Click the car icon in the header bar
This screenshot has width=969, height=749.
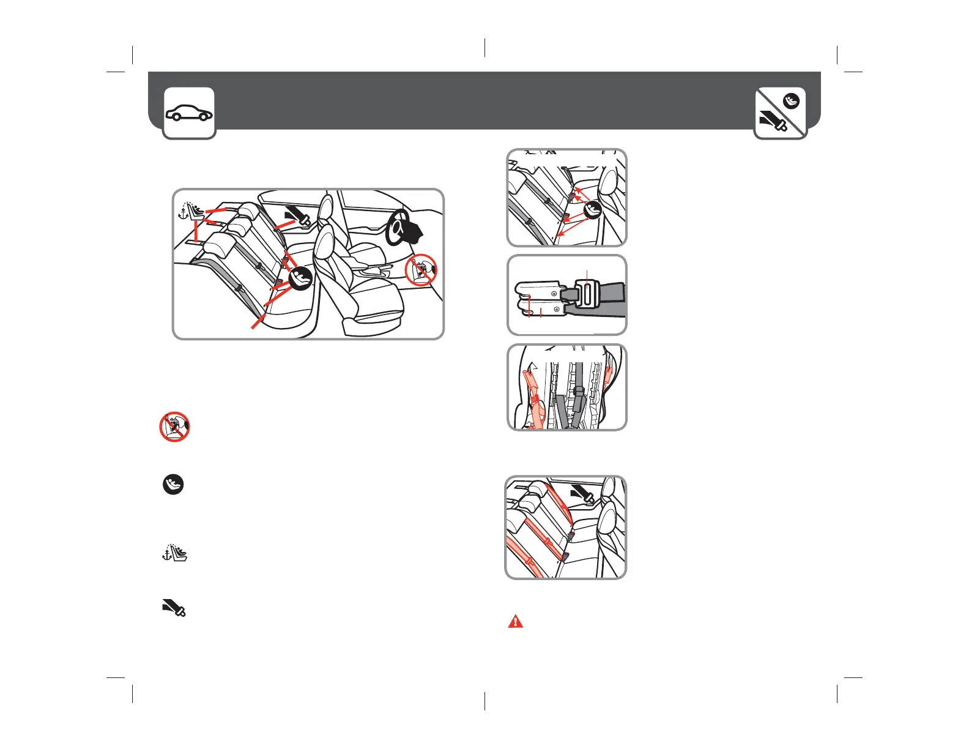(189, 113)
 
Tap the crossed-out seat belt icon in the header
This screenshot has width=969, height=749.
(781, 113)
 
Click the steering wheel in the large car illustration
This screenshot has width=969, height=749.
(404, 229)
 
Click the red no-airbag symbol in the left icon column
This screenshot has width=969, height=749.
(174, 427)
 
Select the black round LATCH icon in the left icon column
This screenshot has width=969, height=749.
(173, 485)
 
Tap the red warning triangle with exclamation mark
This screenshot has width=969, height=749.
(516, 621)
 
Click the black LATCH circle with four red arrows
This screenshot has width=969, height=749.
(592, 210)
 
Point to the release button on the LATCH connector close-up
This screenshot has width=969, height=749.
(587, 292)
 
